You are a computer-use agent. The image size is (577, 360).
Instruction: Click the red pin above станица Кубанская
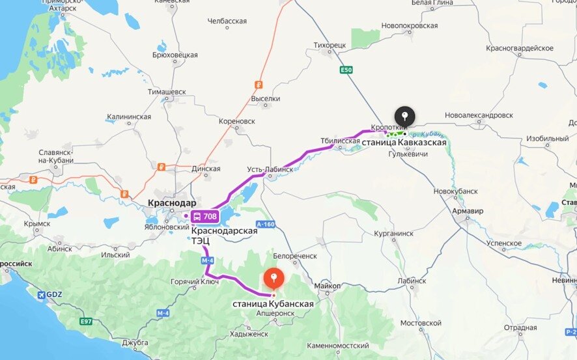(x=274, y=279)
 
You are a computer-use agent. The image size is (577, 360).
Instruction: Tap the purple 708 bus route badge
(x=204, y=216)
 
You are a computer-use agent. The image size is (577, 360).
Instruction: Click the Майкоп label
(x=328, y=285)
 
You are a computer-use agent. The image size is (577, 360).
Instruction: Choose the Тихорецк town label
(x=330, y=46)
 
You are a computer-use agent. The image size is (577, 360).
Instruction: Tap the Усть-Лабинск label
(x=264, y=169)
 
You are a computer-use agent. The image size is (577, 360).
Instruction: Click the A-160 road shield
(x=266, y=225)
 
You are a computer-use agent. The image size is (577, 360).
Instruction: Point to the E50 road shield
(x=346, y=70)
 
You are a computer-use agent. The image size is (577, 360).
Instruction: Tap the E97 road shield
(x=87, y=321)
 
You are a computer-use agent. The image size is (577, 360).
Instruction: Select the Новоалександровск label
(x=479, y=115)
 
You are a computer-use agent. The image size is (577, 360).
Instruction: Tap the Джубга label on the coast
(x=135, y=342)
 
